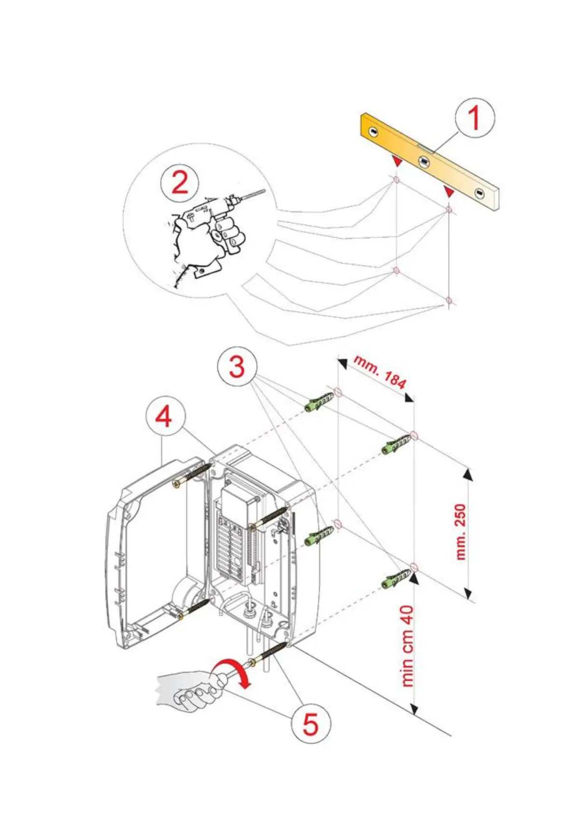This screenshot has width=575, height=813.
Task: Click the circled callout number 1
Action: (475, 118)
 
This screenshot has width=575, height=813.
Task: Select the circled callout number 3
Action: (237, 367)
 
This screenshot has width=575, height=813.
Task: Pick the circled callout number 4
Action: (164, 416)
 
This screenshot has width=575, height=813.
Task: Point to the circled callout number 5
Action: (310, 724)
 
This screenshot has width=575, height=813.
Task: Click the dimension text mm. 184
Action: (380, 372)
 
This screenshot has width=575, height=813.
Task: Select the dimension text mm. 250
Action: (461, 532)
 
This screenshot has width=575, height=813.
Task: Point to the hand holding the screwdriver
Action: (191, 690)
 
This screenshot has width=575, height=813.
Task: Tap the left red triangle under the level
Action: (397, 161)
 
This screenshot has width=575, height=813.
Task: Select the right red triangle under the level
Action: (449, 192)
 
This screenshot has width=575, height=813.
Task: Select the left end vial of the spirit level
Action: (373, 131)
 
